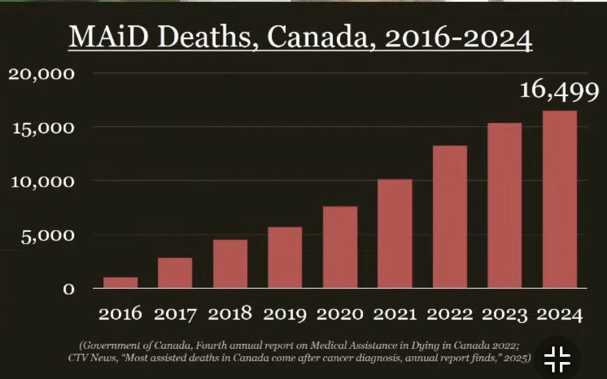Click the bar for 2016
120,282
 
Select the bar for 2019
285,257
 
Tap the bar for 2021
394,233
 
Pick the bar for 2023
504,205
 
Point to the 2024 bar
560,199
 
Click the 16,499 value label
559,91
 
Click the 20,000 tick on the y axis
41,73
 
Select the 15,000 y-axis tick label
41,127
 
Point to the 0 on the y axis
68,289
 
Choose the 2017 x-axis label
175,314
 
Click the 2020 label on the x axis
339,314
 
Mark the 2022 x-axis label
449,314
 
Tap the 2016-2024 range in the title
458,39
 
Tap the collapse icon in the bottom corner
557,358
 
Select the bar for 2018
230,264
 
